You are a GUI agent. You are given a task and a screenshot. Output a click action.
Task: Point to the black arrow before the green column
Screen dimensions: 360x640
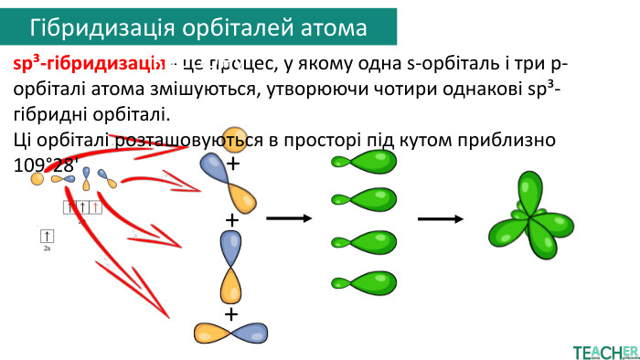pyautogui.click(x=289, y=219)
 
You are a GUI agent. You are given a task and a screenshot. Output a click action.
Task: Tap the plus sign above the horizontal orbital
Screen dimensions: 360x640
pyautogui.click(x=231, y=313)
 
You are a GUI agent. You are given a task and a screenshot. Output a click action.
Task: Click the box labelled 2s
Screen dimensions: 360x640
pyautogui.click(x=47, y=237)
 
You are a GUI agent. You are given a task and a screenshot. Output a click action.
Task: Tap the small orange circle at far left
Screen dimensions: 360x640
pyautogui.click(x=37, y=179)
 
